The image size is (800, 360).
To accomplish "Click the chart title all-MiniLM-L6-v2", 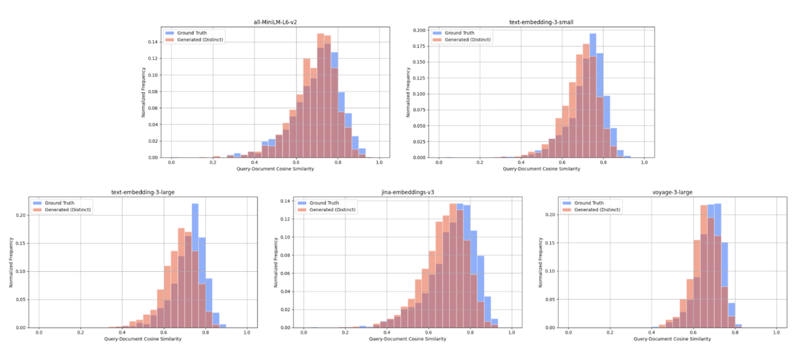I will [x=275, y=22].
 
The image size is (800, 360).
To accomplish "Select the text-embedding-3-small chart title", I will [x=541, y=22].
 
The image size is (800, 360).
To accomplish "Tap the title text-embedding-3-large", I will [x=143, y=192].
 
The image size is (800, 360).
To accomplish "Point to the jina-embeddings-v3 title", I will [x=407, y=192].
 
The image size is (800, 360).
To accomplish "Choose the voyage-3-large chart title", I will [x=672, y=192].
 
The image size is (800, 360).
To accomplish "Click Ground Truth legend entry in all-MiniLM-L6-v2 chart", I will [x=192, y=33].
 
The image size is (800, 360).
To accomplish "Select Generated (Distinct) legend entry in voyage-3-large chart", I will [x=597, y=210].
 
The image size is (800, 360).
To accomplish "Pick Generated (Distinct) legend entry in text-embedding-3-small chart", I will [x=468, y=39].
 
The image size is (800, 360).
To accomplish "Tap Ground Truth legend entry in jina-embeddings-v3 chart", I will [x=324, y=203].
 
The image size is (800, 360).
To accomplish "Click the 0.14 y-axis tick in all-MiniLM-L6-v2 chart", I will [x=153, y=42].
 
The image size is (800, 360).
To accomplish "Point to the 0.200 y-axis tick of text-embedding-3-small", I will [x=419, y=30].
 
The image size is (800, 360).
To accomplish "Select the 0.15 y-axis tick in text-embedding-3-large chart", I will [x=21, y=243].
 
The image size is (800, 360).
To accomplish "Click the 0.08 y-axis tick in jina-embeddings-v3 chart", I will [x=285, y=255].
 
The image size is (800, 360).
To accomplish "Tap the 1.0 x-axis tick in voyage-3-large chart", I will [x=776, y=332].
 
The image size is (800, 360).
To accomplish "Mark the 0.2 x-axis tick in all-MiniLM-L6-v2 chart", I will [x=213, y=162].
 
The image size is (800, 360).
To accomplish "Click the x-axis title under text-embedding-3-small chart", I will [x=541, y=169].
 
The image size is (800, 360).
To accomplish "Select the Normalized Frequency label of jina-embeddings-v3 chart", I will [x=276, y=262].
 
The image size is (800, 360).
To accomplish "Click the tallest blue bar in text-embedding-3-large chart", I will [x=195, y=228].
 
